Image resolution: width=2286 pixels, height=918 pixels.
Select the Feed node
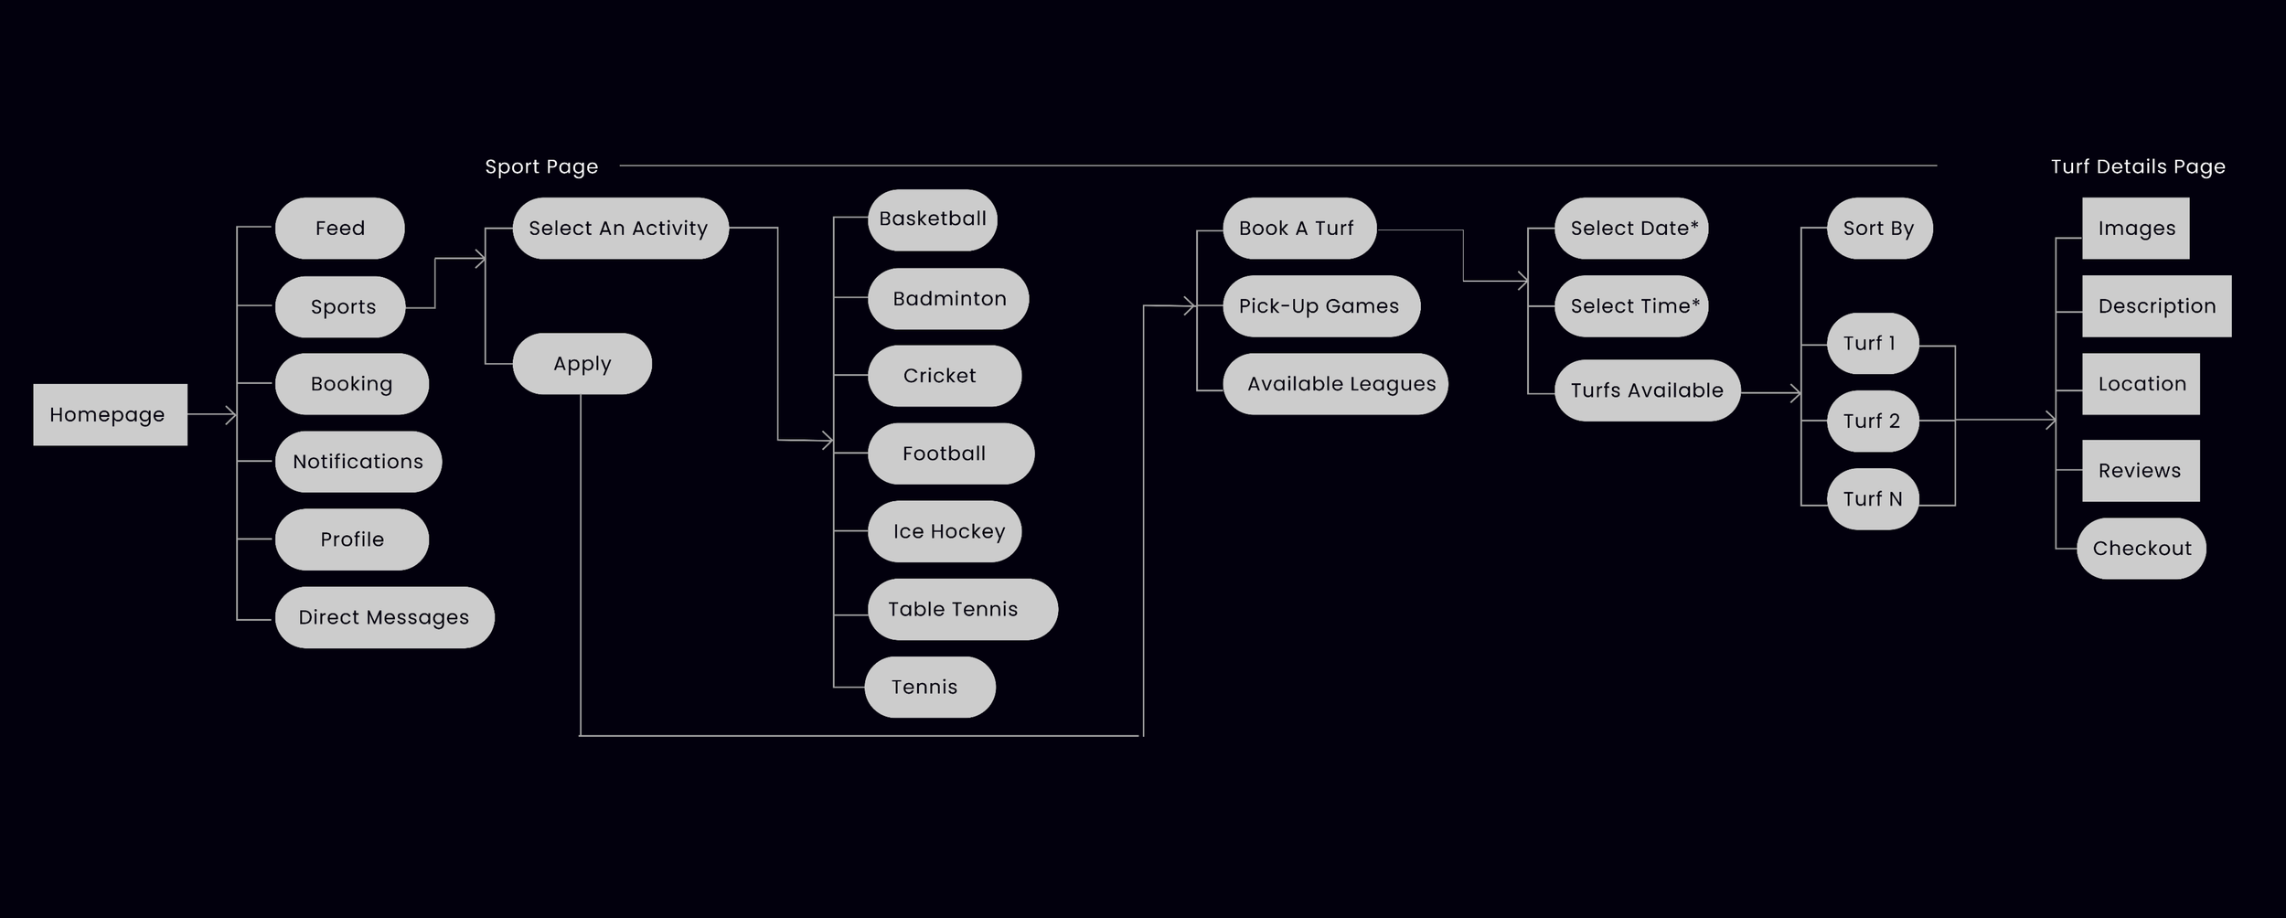click(x=339, y=229)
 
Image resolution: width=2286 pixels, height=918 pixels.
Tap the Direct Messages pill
click(x=384, y=617)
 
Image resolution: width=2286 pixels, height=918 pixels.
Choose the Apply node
click(x=582, y=364)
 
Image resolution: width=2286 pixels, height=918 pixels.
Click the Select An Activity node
click(x=619, y=229)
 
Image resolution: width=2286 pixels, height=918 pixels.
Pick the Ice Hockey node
click(x=945, y=531)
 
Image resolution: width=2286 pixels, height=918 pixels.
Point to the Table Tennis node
click(x=962, y=609)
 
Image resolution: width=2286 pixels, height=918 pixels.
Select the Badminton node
click(x=948, y=299)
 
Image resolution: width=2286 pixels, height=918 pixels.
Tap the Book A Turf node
click(x=1298, y=229)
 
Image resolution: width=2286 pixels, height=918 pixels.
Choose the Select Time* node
click(x=1631, y=306)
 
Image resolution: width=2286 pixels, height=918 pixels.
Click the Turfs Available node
click(x=1647, y=390)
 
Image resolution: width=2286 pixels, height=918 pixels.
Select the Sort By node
click(x=1879, y=229)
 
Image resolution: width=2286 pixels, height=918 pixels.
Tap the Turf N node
click(x=1873, y=499)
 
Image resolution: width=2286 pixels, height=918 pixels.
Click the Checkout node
click(x=2142, y=549)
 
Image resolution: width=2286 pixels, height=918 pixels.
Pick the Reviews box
click(x=2141, y=471)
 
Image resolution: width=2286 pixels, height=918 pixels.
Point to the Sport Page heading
click(x=541, y=166)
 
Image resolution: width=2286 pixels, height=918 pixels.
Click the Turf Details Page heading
click(x=2138, y=166)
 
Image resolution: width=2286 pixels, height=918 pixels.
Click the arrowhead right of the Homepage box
click(x=231, y=415)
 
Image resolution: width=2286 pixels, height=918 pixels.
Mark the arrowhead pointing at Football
click(x=828, y=441)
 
